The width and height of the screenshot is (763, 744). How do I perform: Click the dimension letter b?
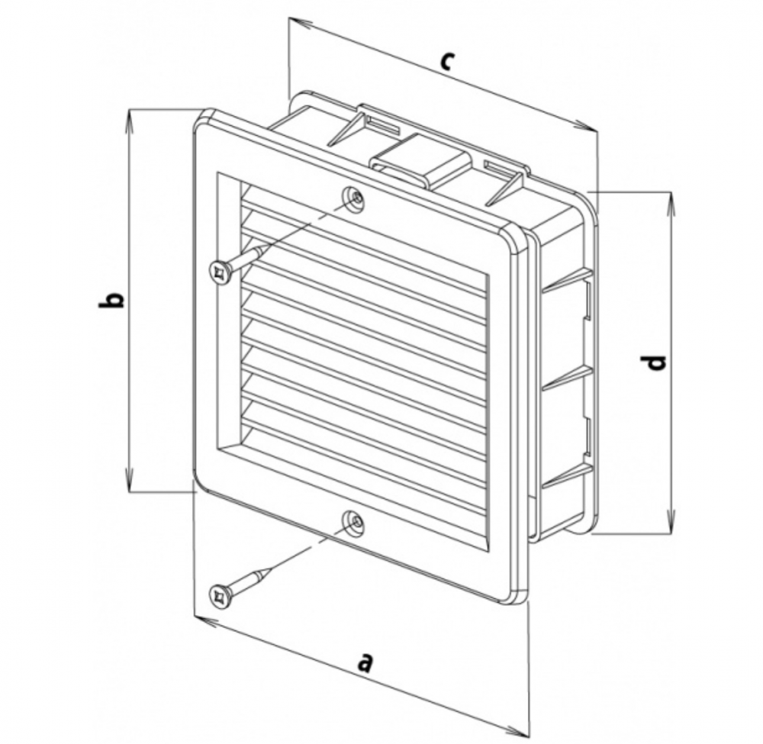click(111, 300)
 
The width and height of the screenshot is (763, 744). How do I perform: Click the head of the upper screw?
click(221, 272)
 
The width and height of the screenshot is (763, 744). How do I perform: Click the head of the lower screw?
click(221, 594)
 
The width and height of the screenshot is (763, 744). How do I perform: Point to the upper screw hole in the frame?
click(354, 198)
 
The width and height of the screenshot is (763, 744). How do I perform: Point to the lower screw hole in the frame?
click(354, 521)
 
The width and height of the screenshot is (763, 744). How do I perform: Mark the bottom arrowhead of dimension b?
click(130, 481)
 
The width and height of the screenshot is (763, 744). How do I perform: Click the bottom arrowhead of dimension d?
click(671, 522)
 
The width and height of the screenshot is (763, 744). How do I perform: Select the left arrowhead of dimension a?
click(204, 620)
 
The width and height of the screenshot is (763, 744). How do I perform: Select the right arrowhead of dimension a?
click(517, 731)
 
